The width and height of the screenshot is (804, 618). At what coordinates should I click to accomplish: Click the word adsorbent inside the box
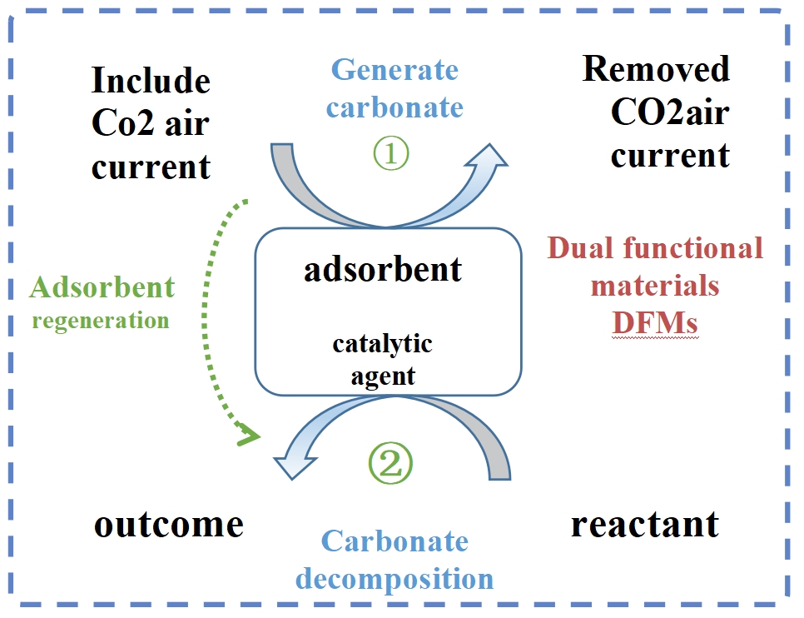pyautogui.click(x=383, y=269)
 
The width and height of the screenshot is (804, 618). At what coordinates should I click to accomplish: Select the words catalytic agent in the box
pyautogui.click(x=383, y=359)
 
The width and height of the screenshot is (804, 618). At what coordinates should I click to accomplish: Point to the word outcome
pyautogui.click(x=168, y=525)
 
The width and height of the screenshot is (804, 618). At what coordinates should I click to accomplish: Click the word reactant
pyautogui.click(x=644, y=525)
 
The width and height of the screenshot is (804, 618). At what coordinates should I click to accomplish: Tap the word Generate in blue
pyautogui.click(x=395, y=70)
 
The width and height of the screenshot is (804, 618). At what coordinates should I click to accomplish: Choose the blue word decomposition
pyautogui.click(x=395, y=577)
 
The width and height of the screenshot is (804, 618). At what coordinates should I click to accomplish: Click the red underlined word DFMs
pyautogui.click(x=655, y=322)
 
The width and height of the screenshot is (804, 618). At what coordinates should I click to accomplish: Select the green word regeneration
pyautogui.click(x=101, y=321)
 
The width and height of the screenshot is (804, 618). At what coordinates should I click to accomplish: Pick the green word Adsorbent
pyautogui.click(x=102, y=288)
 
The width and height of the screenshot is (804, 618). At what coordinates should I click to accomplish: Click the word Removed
pyautogui.click(x=656, y=69)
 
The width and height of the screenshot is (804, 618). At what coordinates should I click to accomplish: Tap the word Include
pyautogui.click(x=150, y=82)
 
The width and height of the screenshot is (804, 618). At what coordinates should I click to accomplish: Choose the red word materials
pyautogui.click(x=655, y=286)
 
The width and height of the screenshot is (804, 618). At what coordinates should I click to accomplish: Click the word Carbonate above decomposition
pyautogui.click(x=395, y=541)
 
